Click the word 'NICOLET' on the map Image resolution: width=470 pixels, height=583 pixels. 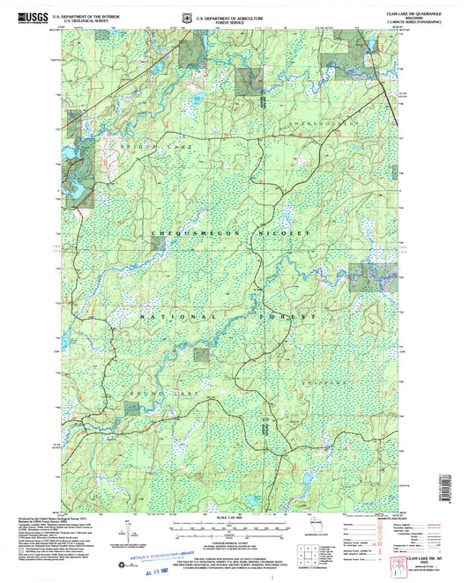284,232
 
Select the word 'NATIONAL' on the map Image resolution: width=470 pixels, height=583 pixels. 176,315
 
